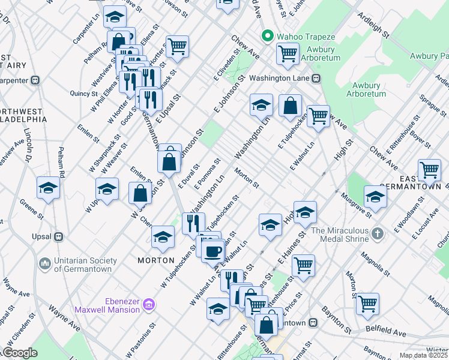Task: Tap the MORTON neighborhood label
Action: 156,260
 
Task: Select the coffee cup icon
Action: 212,251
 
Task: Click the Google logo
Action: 20,353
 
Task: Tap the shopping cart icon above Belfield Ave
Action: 367,304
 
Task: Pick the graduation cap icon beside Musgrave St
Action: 375,197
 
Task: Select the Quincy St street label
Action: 83,93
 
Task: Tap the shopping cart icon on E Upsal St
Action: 177,47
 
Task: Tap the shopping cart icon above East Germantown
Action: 429,170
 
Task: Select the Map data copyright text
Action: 423,355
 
